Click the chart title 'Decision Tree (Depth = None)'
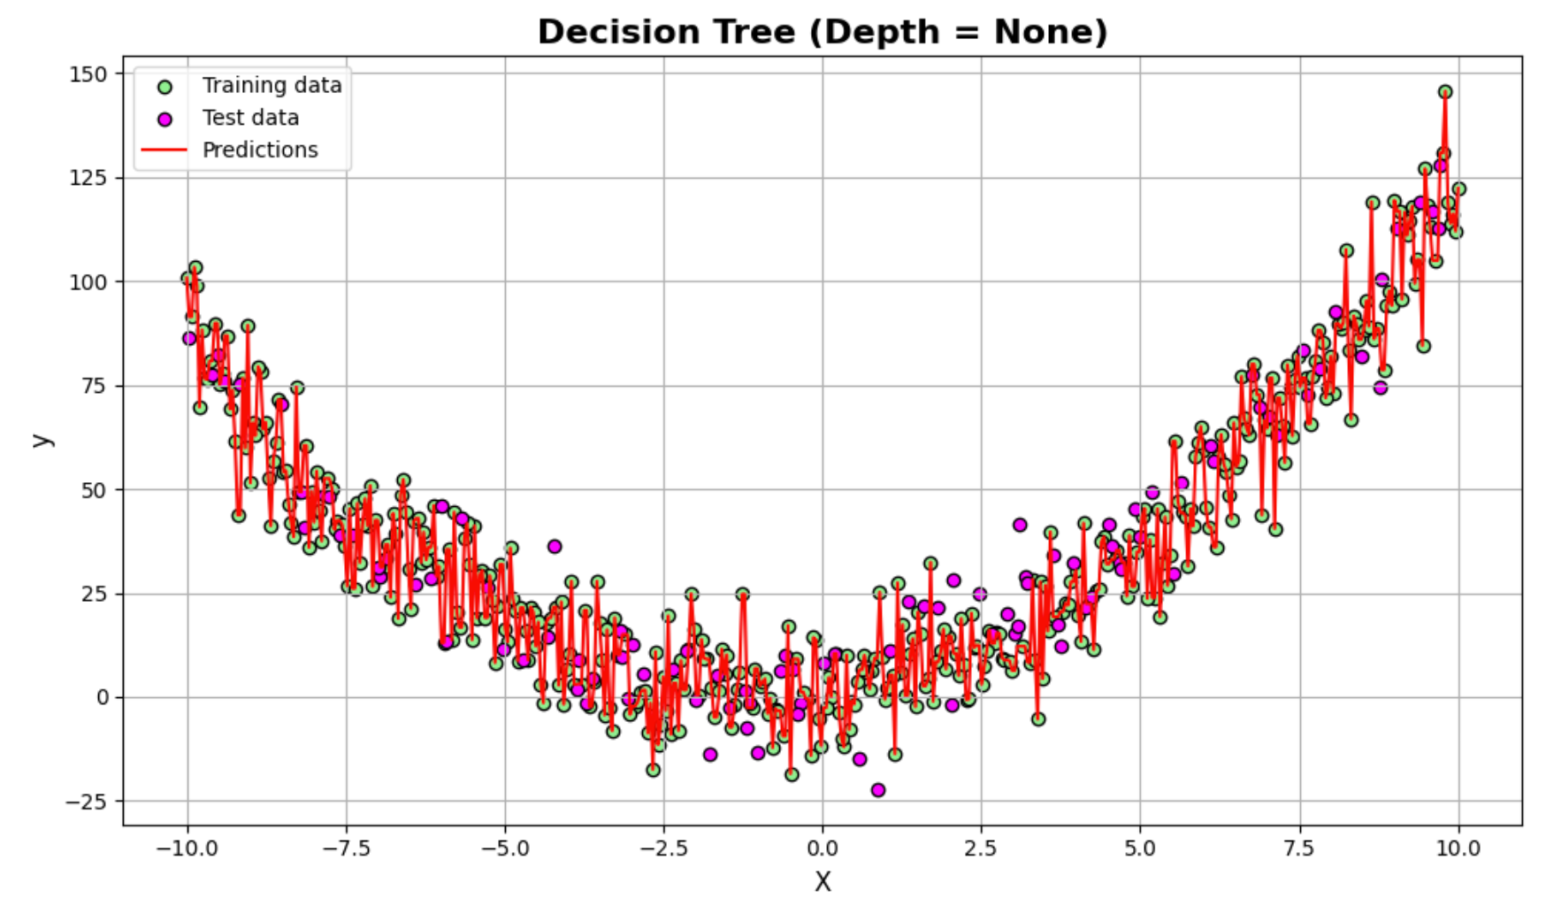[x=823, y=32]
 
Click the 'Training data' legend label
[x=272, y=85]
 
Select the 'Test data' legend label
[x=250, y=118]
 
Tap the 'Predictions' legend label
[x=260, y=150]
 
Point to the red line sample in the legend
[x=165, y=150]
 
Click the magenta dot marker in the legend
[x=165, y=119]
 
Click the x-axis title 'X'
[x=823, y=882]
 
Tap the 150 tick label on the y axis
[x=88, y=74]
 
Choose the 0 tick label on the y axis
[x=103, y=697]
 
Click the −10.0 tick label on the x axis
[x=187, y=848]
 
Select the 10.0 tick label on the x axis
[x=1458, y=848]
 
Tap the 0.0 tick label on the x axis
[x=823, y=848]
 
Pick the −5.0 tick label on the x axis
[x=504, y=848]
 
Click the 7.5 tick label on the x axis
[x=1299, y=848]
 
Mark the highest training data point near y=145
[x=1445, y=92]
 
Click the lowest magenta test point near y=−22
[x=877, y=790]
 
